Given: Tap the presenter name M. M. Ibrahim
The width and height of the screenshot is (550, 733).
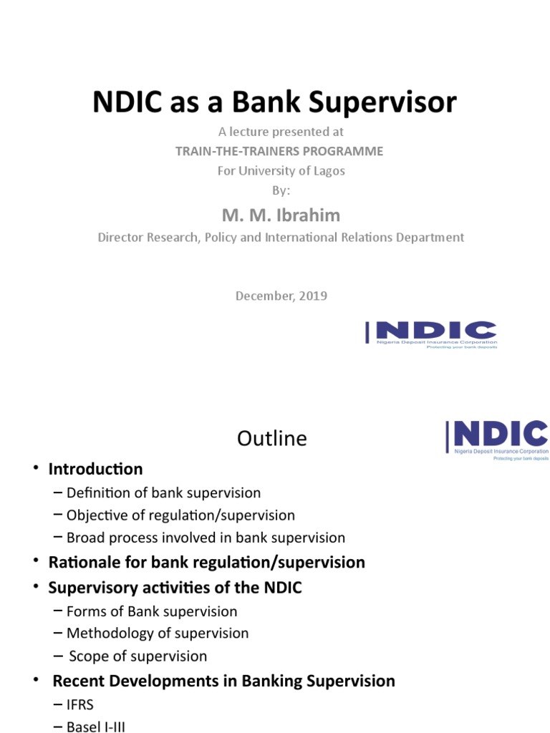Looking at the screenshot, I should coord(281,216).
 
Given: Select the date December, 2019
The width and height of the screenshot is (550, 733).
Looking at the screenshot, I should coord(281,296).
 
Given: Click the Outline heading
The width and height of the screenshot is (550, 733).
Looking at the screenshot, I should coord(272,438).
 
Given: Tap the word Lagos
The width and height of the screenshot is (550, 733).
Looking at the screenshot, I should coord(328,170).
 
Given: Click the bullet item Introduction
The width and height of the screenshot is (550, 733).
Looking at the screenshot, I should coord(95,469).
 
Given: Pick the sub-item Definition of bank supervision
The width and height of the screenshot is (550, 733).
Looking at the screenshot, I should coord(163,492).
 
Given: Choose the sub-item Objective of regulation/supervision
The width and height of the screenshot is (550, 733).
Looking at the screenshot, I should coord(180,515).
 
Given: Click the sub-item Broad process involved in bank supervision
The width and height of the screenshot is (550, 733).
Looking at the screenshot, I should coord(206,537).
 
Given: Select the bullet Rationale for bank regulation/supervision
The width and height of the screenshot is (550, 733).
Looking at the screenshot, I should coord(206,562).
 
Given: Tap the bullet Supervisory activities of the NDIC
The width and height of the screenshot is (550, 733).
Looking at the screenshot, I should coord(175,588).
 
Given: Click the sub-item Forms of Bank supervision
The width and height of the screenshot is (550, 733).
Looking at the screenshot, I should coord(152,611).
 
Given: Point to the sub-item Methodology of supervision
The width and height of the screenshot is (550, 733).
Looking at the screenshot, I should coord(158,634).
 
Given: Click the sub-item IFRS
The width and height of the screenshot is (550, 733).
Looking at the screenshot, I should coord(80,705).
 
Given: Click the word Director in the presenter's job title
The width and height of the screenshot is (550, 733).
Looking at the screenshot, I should coord(121,237).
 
